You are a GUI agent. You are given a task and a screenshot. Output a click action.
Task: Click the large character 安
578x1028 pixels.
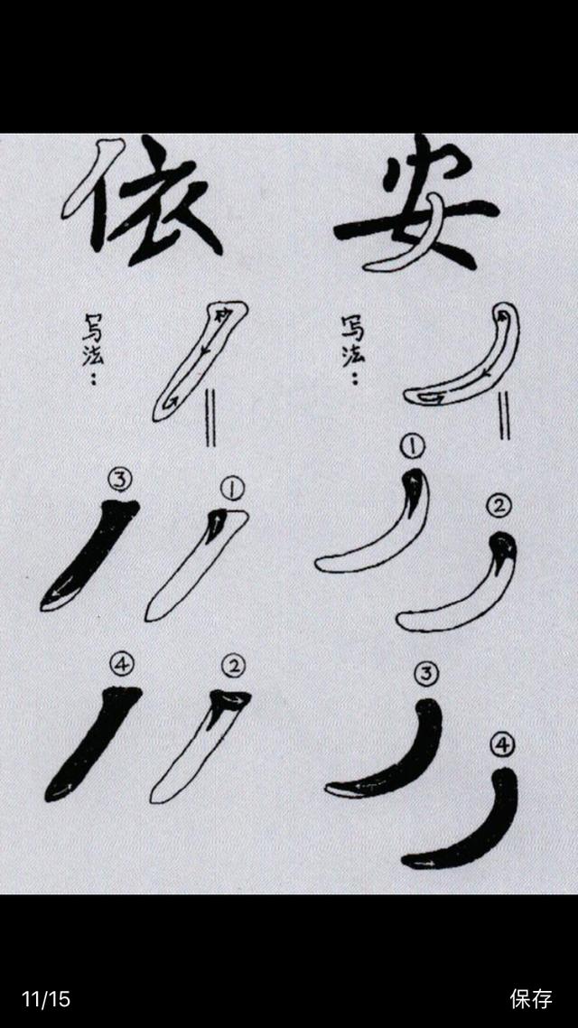pyautogui.click(x=416, y=204)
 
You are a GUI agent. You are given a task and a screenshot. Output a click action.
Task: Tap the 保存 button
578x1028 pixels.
pyautogui.click(x=531, y=999)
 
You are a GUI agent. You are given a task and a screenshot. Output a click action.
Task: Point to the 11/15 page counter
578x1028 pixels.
pyautogui.click(x=46, y=999)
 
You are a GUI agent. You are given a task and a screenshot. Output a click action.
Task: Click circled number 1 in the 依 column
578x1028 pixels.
pyautogui.click(x=233, y=488)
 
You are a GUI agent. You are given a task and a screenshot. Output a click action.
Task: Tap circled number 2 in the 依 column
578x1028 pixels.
pyautogui.click(x=233, y=666)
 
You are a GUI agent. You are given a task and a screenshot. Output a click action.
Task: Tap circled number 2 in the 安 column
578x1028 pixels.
pyautogui.click(x=499, y=506)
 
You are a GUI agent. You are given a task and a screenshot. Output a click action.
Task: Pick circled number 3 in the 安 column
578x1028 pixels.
pyautogui.click(x=426, y=673)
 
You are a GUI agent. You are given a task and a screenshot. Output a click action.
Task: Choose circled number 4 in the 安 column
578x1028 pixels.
pyautogui.click(x=503, y=744)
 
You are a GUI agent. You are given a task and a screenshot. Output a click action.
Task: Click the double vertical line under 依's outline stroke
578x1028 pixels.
pyautogui.click(x=210, y=417)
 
